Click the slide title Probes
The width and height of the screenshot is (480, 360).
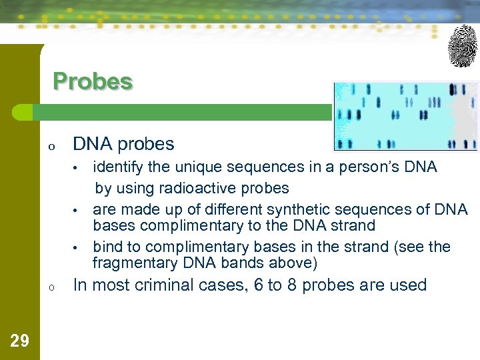click(93, 81)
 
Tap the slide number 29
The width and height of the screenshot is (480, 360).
click(20, 341)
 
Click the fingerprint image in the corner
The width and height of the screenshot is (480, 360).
click(463, 46)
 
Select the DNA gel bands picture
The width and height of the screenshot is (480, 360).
click(405, 117)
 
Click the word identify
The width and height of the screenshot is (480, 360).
click(116, 167)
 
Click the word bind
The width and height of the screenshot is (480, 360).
click(107, 247)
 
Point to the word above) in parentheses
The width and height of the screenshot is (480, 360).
click(295, 263)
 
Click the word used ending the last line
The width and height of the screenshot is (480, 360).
click(409, 285)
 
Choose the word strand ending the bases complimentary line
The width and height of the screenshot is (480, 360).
click(353, 226)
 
